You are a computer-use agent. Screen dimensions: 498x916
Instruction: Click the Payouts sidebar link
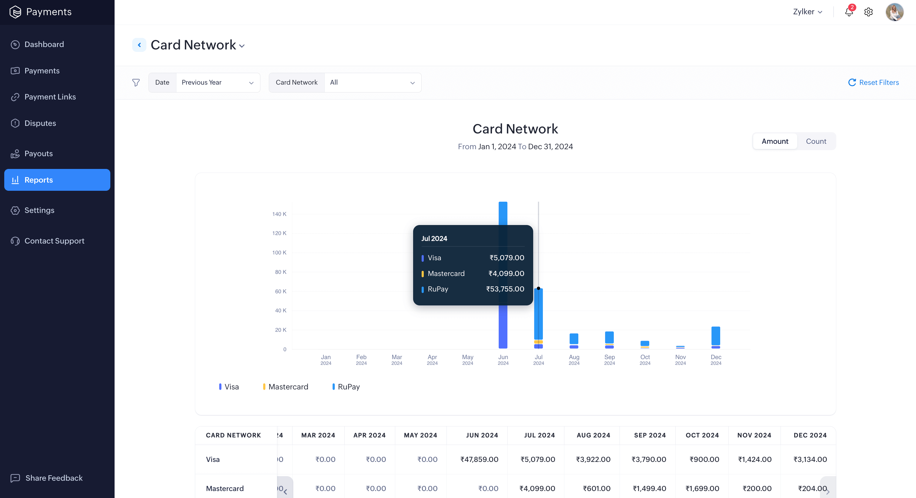pos(38,154)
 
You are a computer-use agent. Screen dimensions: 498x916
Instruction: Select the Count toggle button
pos(816,141)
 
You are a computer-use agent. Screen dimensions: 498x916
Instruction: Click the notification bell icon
pos(849,12)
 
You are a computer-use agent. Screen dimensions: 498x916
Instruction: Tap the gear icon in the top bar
pos(868,12)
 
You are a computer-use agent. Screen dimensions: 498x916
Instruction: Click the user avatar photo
pos(894,12)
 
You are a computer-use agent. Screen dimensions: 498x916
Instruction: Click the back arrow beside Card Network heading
pos(139,45)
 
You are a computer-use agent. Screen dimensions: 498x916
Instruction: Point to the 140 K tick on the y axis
pos(279,214)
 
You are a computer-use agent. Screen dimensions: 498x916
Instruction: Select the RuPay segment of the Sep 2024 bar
pos(609,337)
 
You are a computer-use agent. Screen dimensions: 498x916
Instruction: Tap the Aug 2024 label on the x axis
pos(574,359)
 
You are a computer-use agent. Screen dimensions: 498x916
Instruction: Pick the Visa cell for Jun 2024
pos(479,459)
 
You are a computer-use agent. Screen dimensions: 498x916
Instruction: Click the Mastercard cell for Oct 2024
pos(702,488)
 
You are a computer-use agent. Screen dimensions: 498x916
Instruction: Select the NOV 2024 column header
pos(754,435)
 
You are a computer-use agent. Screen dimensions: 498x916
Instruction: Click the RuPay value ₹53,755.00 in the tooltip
pos(505,289)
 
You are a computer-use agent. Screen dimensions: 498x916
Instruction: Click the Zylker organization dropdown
pos(807,12)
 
